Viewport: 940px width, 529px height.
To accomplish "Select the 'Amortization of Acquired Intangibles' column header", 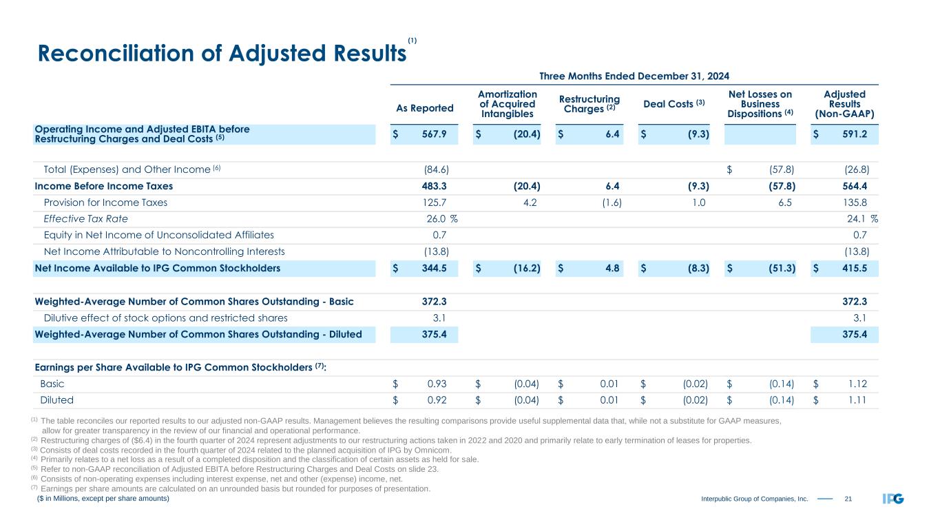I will [507, 104].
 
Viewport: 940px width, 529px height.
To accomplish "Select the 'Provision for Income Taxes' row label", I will [105, 203].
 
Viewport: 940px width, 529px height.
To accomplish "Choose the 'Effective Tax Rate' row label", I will [85, 219].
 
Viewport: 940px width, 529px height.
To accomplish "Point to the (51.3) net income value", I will [782, 269].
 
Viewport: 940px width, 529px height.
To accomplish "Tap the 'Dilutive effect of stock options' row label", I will [165, 318].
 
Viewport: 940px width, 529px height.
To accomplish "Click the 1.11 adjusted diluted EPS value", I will [857, 400].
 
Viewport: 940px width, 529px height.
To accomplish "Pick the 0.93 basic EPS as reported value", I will [441, 383].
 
